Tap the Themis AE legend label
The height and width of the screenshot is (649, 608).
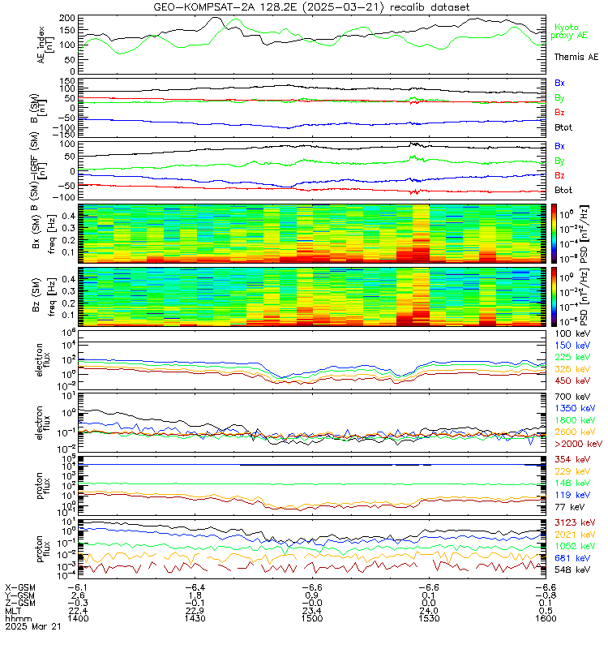click(x=576, y=58)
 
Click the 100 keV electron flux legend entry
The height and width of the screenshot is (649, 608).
click(x=572, y=333)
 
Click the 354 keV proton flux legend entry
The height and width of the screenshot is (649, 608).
click(x=572, y=459)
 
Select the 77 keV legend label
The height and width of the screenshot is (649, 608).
click(x=569, y=506)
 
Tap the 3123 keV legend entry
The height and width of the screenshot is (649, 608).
click(x=574, y=523)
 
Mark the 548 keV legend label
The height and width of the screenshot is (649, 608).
click(x=572, y=570)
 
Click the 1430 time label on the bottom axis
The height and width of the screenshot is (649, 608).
click(x=194, y=618)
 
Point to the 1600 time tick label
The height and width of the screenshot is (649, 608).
click(x=544, y=618)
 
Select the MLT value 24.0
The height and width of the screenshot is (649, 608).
click(x=427, y=610)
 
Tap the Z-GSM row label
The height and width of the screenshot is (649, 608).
click(x=20, y=602)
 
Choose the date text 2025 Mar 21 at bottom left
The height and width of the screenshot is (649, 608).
click(x=29, y=627)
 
